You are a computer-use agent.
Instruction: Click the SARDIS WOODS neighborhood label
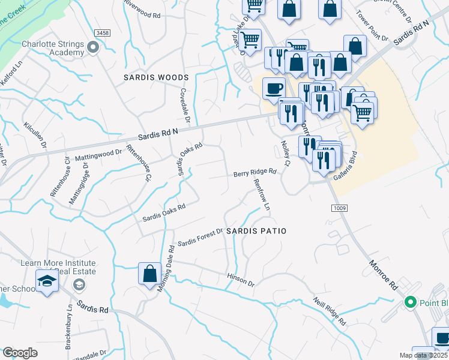pyautogui.click(x=156, y=78)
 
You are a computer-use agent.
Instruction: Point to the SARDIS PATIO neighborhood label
pyautogui.click(x=256, y=231)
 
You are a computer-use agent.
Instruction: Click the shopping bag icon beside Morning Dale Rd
pyautogui.click(x=149, y=274)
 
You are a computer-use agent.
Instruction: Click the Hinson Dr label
pyautogui.click(x=241, y=278)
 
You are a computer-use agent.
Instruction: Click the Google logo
pyautogui.click(x=20, y=353)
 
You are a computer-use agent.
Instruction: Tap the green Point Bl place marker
pyautogui.click(x=411, y=302)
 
